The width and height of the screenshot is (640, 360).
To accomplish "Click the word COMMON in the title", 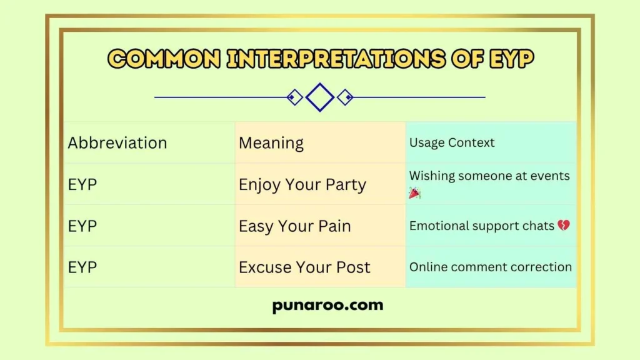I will click(164, 59).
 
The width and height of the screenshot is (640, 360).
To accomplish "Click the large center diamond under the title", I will click(320, 97).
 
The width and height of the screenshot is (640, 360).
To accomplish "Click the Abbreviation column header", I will click(117, 143).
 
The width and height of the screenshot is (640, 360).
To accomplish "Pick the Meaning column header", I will click(271, 143).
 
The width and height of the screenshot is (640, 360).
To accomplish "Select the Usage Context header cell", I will click(452, 142).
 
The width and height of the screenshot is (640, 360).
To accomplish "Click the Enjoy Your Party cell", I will click(302, 184).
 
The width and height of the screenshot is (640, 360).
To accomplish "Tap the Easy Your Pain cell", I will click(295, 226).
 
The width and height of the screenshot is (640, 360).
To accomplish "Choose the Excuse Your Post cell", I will click(304, 267).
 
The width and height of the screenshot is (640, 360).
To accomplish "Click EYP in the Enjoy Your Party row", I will click(82, 184).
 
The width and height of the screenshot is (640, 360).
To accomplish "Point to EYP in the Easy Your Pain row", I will click(82, 226).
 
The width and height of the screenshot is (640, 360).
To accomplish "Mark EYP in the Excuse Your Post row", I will click(82, 267).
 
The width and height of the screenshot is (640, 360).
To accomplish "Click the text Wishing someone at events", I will click(489, 176).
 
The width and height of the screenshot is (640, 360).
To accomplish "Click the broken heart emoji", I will click(563, 226).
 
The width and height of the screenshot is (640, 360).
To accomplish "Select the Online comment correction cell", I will click(491, 267).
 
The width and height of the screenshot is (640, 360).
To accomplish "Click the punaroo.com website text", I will click(327, 306).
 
